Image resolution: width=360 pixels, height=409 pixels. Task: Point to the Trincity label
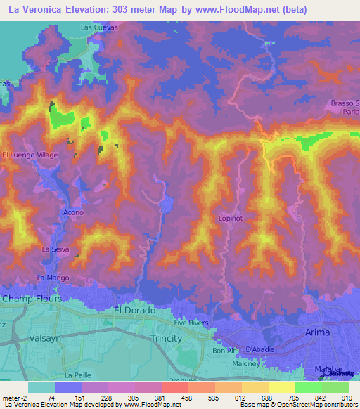coord(167,338)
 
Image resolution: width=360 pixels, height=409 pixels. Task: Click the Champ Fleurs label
coord(32,299)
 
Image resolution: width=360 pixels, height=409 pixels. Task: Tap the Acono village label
coord(73,212)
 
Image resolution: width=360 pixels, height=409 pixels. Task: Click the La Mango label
coord(53,278)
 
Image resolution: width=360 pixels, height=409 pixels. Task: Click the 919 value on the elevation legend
coord(348,397)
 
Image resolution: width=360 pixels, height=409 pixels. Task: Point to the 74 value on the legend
coord(51,397)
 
